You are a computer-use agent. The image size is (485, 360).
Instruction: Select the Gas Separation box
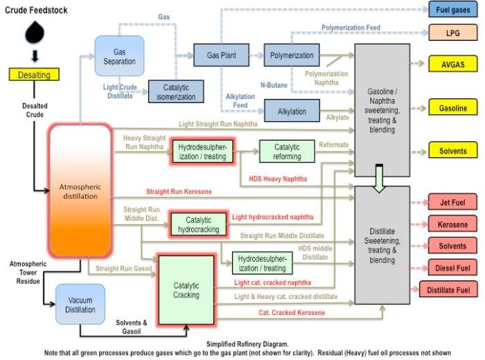(119, 56)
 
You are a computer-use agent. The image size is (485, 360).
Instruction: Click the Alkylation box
(292, 110)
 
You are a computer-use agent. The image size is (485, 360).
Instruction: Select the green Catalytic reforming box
(287, 152)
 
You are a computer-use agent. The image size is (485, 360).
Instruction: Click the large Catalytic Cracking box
(186, 290)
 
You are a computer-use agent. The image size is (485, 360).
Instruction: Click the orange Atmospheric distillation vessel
(80, 190)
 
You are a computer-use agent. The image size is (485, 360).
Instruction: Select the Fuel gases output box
(453, 10)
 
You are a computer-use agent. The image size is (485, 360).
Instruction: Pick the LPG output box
(453, 33)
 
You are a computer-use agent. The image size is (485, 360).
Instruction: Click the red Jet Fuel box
(453, 203)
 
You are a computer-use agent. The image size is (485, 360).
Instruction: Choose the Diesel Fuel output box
(453, 268)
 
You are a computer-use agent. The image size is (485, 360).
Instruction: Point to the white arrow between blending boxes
(379, 178)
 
